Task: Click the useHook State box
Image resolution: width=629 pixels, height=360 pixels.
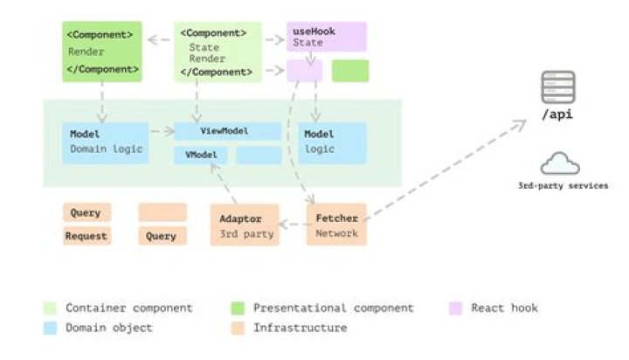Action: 326,37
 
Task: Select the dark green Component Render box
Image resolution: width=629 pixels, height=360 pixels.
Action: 101,52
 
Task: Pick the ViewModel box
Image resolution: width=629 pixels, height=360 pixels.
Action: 227,131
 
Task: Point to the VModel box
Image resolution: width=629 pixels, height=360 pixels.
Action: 201,156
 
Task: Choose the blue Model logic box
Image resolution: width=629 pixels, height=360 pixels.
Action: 332,142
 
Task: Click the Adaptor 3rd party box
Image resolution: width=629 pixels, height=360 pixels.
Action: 244,225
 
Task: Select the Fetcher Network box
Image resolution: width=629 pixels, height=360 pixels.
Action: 336,225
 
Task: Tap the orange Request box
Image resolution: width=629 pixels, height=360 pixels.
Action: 86,236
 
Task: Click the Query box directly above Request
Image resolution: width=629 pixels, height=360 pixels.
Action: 86,212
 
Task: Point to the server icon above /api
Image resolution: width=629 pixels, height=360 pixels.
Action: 558,88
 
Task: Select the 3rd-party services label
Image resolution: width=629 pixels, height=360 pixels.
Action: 563,186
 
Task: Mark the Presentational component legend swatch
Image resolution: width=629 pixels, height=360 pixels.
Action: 238,308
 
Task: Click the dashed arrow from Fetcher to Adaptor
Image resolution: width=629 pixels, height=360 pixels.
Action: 293,225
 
